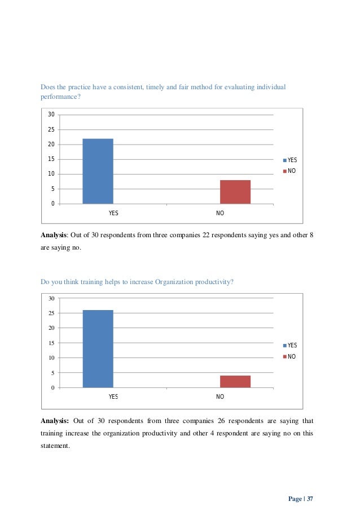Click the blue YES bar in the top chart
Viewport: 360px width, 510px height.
(x=98, y=171)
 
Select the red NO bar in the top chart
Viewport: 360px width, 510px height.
(x=235, y=191)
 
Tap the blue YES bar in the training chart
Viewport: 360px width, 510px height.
(x=98, y=348)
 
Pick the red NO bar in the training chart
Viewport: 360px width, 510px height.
(x=235, y=381)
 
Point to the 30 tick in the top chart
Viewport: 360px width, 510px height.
(x=51, y=115)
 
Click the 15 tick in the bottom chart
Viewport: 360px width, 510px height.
(x=51, y=343)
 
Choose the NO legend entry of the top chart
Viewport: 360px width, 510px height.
(x=291, y=171)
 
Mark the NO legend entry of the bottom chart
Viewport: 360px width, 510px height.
(x=291, y=356)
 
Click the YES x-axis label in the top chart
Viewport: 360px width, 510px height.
(x=113, y=213)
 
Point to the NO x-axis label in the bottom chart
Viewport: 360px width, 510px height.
(x=220, y=397)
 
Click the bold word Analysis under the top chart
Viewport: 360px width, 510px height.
(x=54, y=235)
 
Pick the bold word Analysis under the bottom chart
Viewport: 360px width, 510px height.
(x=55, y=421)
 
